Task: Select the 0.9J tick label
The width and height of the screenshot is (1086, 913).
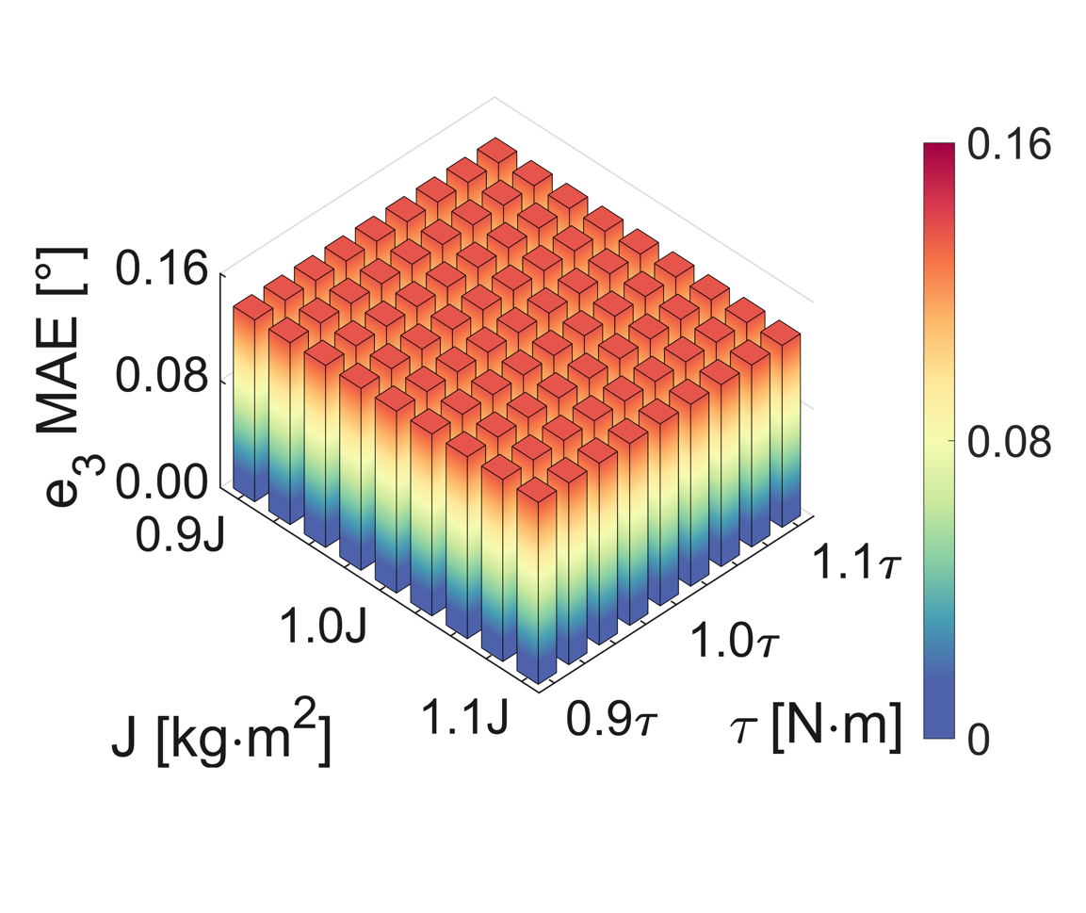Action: point(179,535)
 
